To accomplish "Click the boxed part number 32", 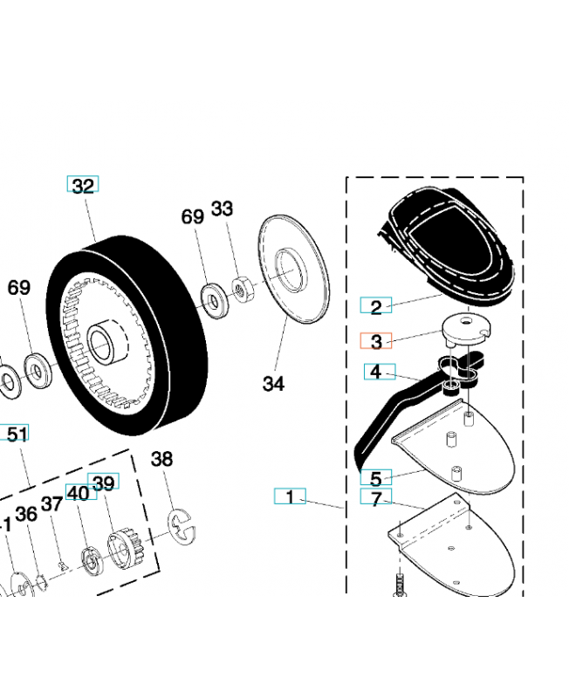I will [83, 185].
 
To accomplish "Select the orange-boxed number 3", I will [376, 341].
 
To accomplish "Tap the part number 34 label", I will [273, 383].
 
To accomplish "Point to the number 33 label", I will [223, 209].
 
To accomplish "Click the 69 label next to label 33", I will [193, 216].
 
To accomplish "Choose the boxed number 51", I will [16, 434].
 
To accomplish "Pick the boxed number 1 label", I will [290, 496].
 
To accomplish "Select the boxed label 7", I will [376, 499].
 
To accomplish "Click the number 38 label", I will [162, 459].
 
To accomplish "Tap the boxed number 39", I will [104, 482].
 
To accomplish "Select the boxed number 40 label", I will [78, 493].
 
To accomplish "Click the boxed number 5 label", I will [376, 478].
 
